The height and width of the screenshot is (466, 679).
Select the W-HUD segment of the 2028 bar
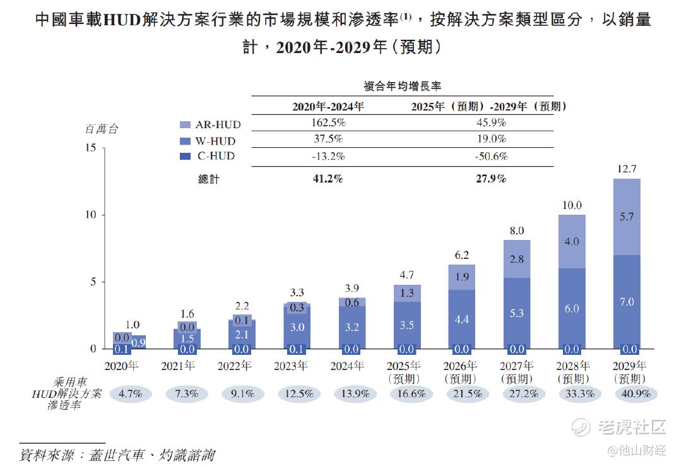[572, 308]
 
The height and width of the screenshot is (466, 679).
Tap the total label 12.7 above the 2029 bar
[627, 169]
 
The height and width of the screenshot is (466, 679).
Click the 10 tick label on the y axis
[92, 215]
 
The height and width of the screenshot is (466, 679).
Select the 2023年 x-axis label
[290, 366]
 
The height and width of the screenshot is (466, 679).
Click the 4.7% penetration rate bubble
[131, 393]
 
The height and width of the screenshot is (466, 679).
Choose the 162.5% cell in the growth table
[328, 122]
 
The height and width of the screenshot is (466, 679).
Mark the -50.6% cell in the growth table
[491, 156]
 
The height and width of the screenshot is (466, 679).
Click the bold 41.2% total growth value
[328, 179]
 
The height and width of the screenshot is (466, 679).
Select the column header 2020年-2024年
[328, 106]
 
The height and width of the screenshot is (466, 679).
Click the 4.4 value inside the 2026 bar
[461, 320]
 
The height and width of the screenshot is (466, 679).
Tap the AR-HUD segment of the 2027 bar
[517, 259]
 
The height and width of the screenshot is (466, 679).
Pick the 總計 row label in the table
[209, 179]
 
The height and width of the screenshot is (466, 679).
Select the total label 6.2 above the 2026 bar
[461, 255]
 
